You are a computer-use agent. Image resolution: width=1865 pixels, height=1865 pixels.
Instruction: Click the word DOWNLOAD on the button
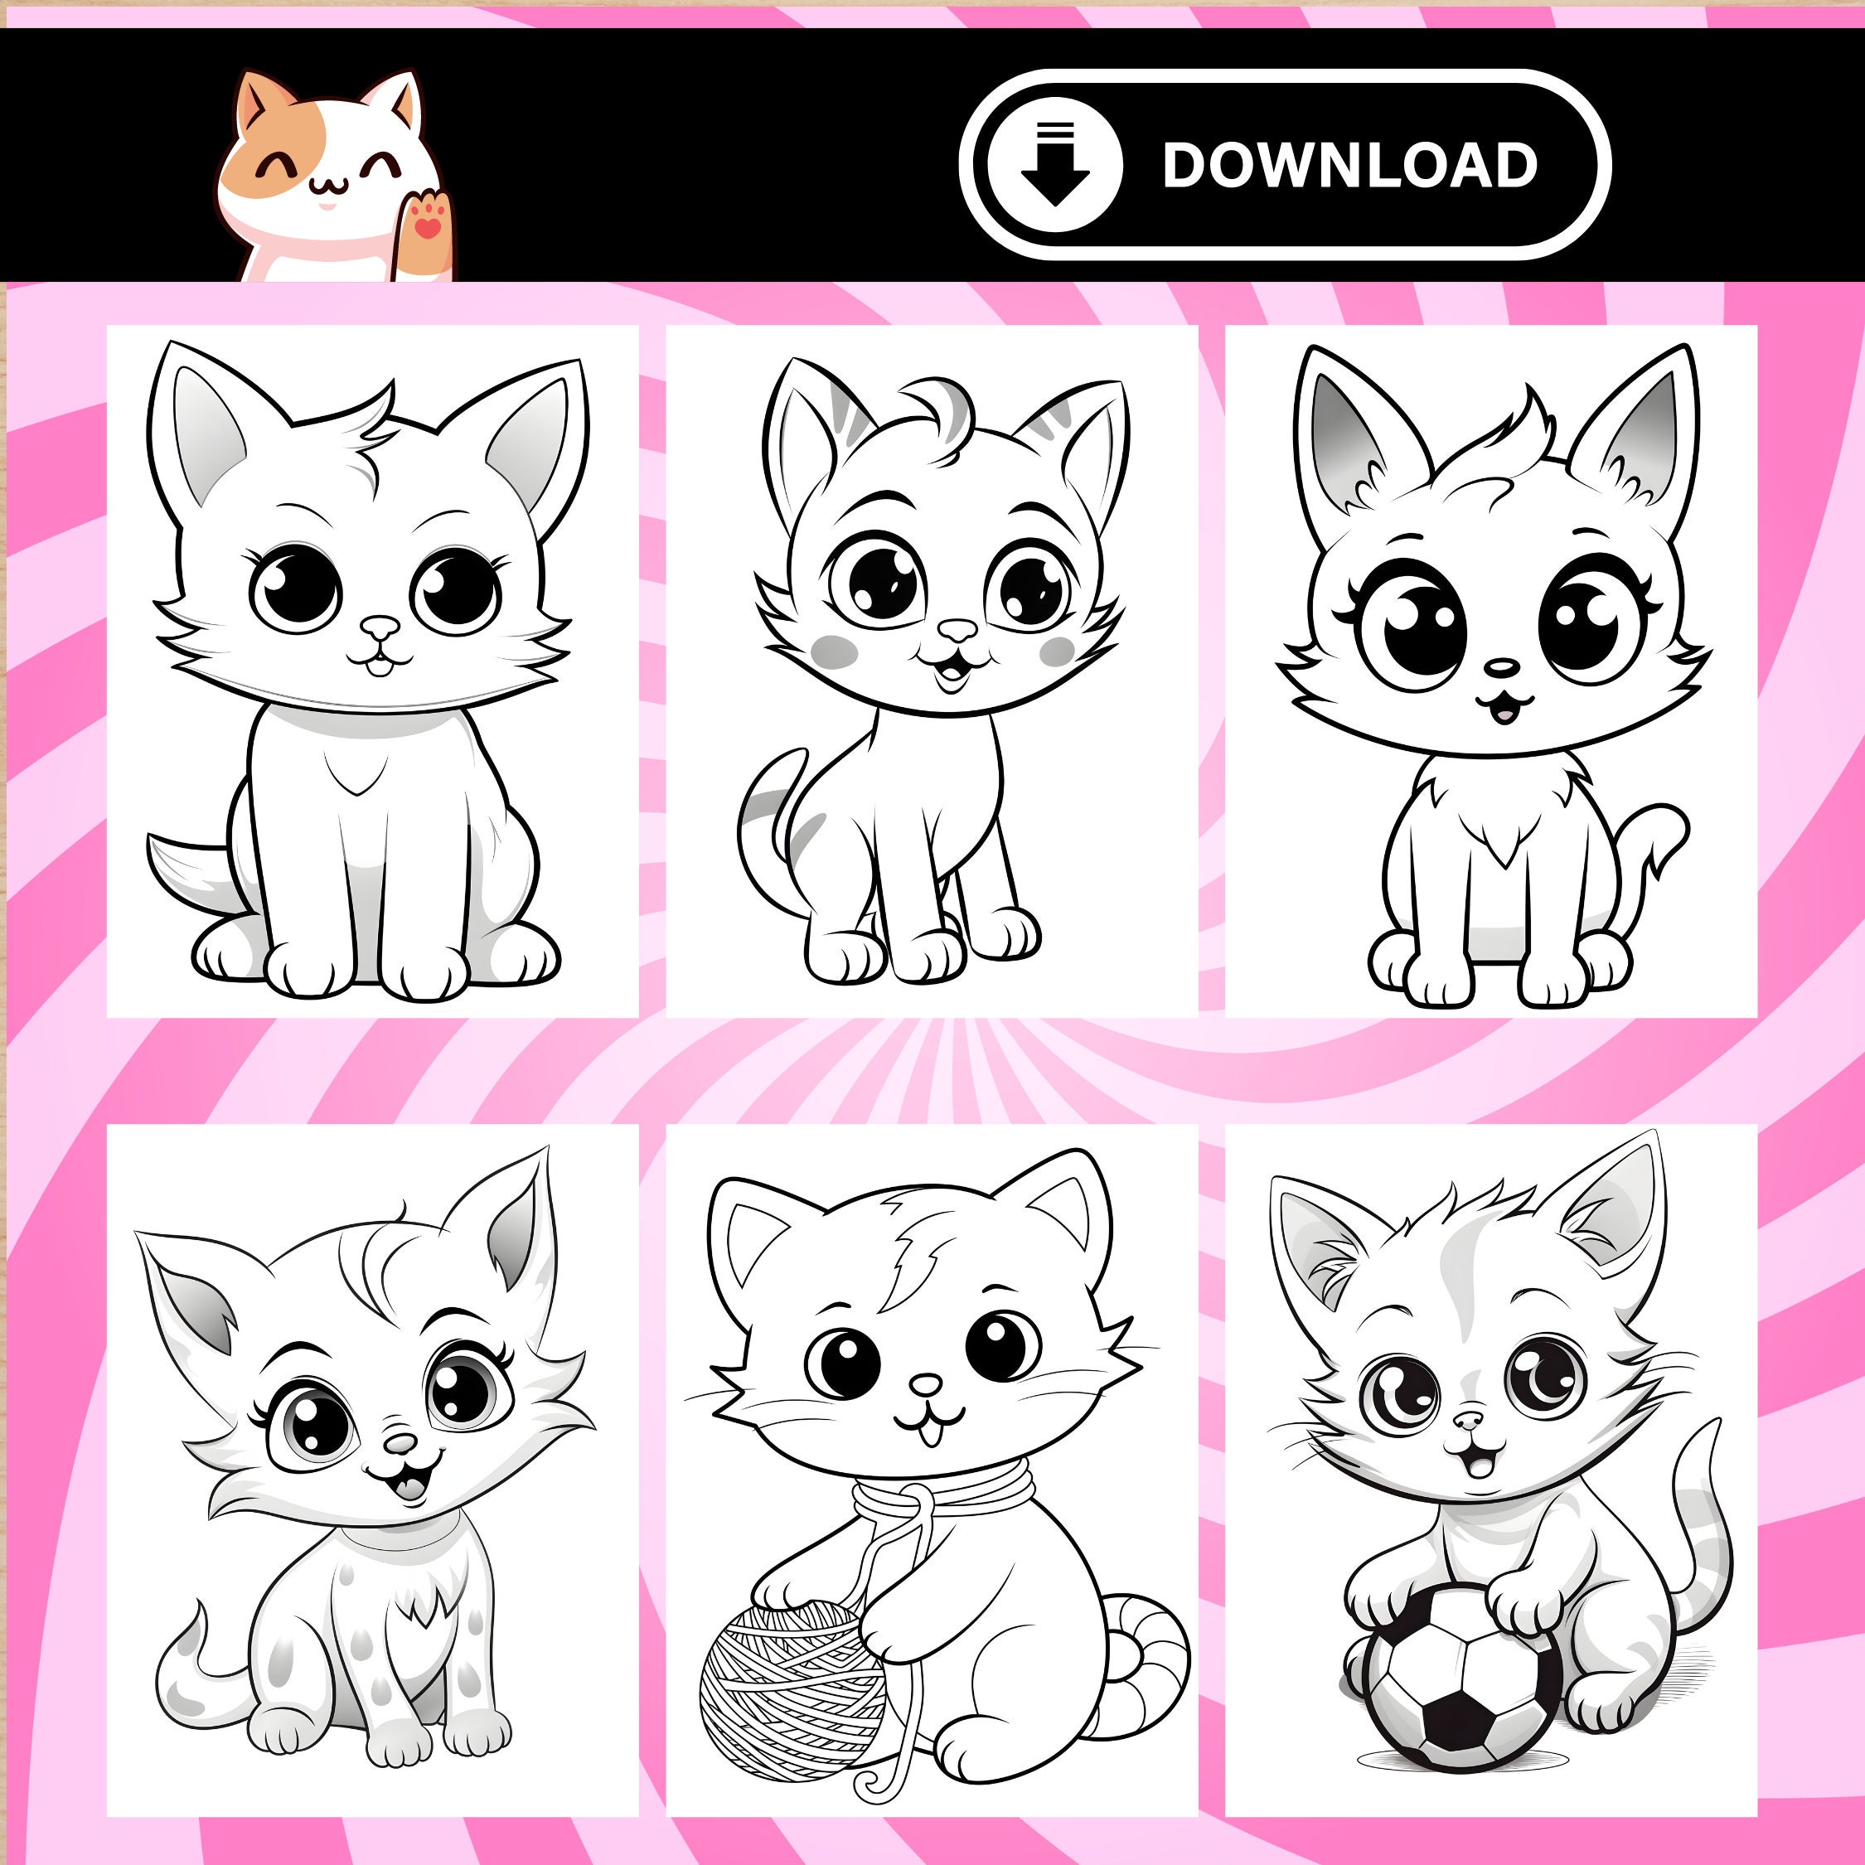(1349, 165)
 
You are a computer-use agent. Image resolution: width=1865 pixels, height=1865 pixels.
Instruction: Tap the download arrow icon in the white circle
(1054, 164)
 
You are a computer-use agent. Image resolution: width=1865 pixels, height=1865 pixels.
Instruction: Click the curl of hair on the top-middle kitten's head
(941, 415)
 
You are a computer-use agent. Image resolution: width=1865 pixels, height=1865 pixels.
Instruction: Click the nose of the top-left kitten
(380, 628)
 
